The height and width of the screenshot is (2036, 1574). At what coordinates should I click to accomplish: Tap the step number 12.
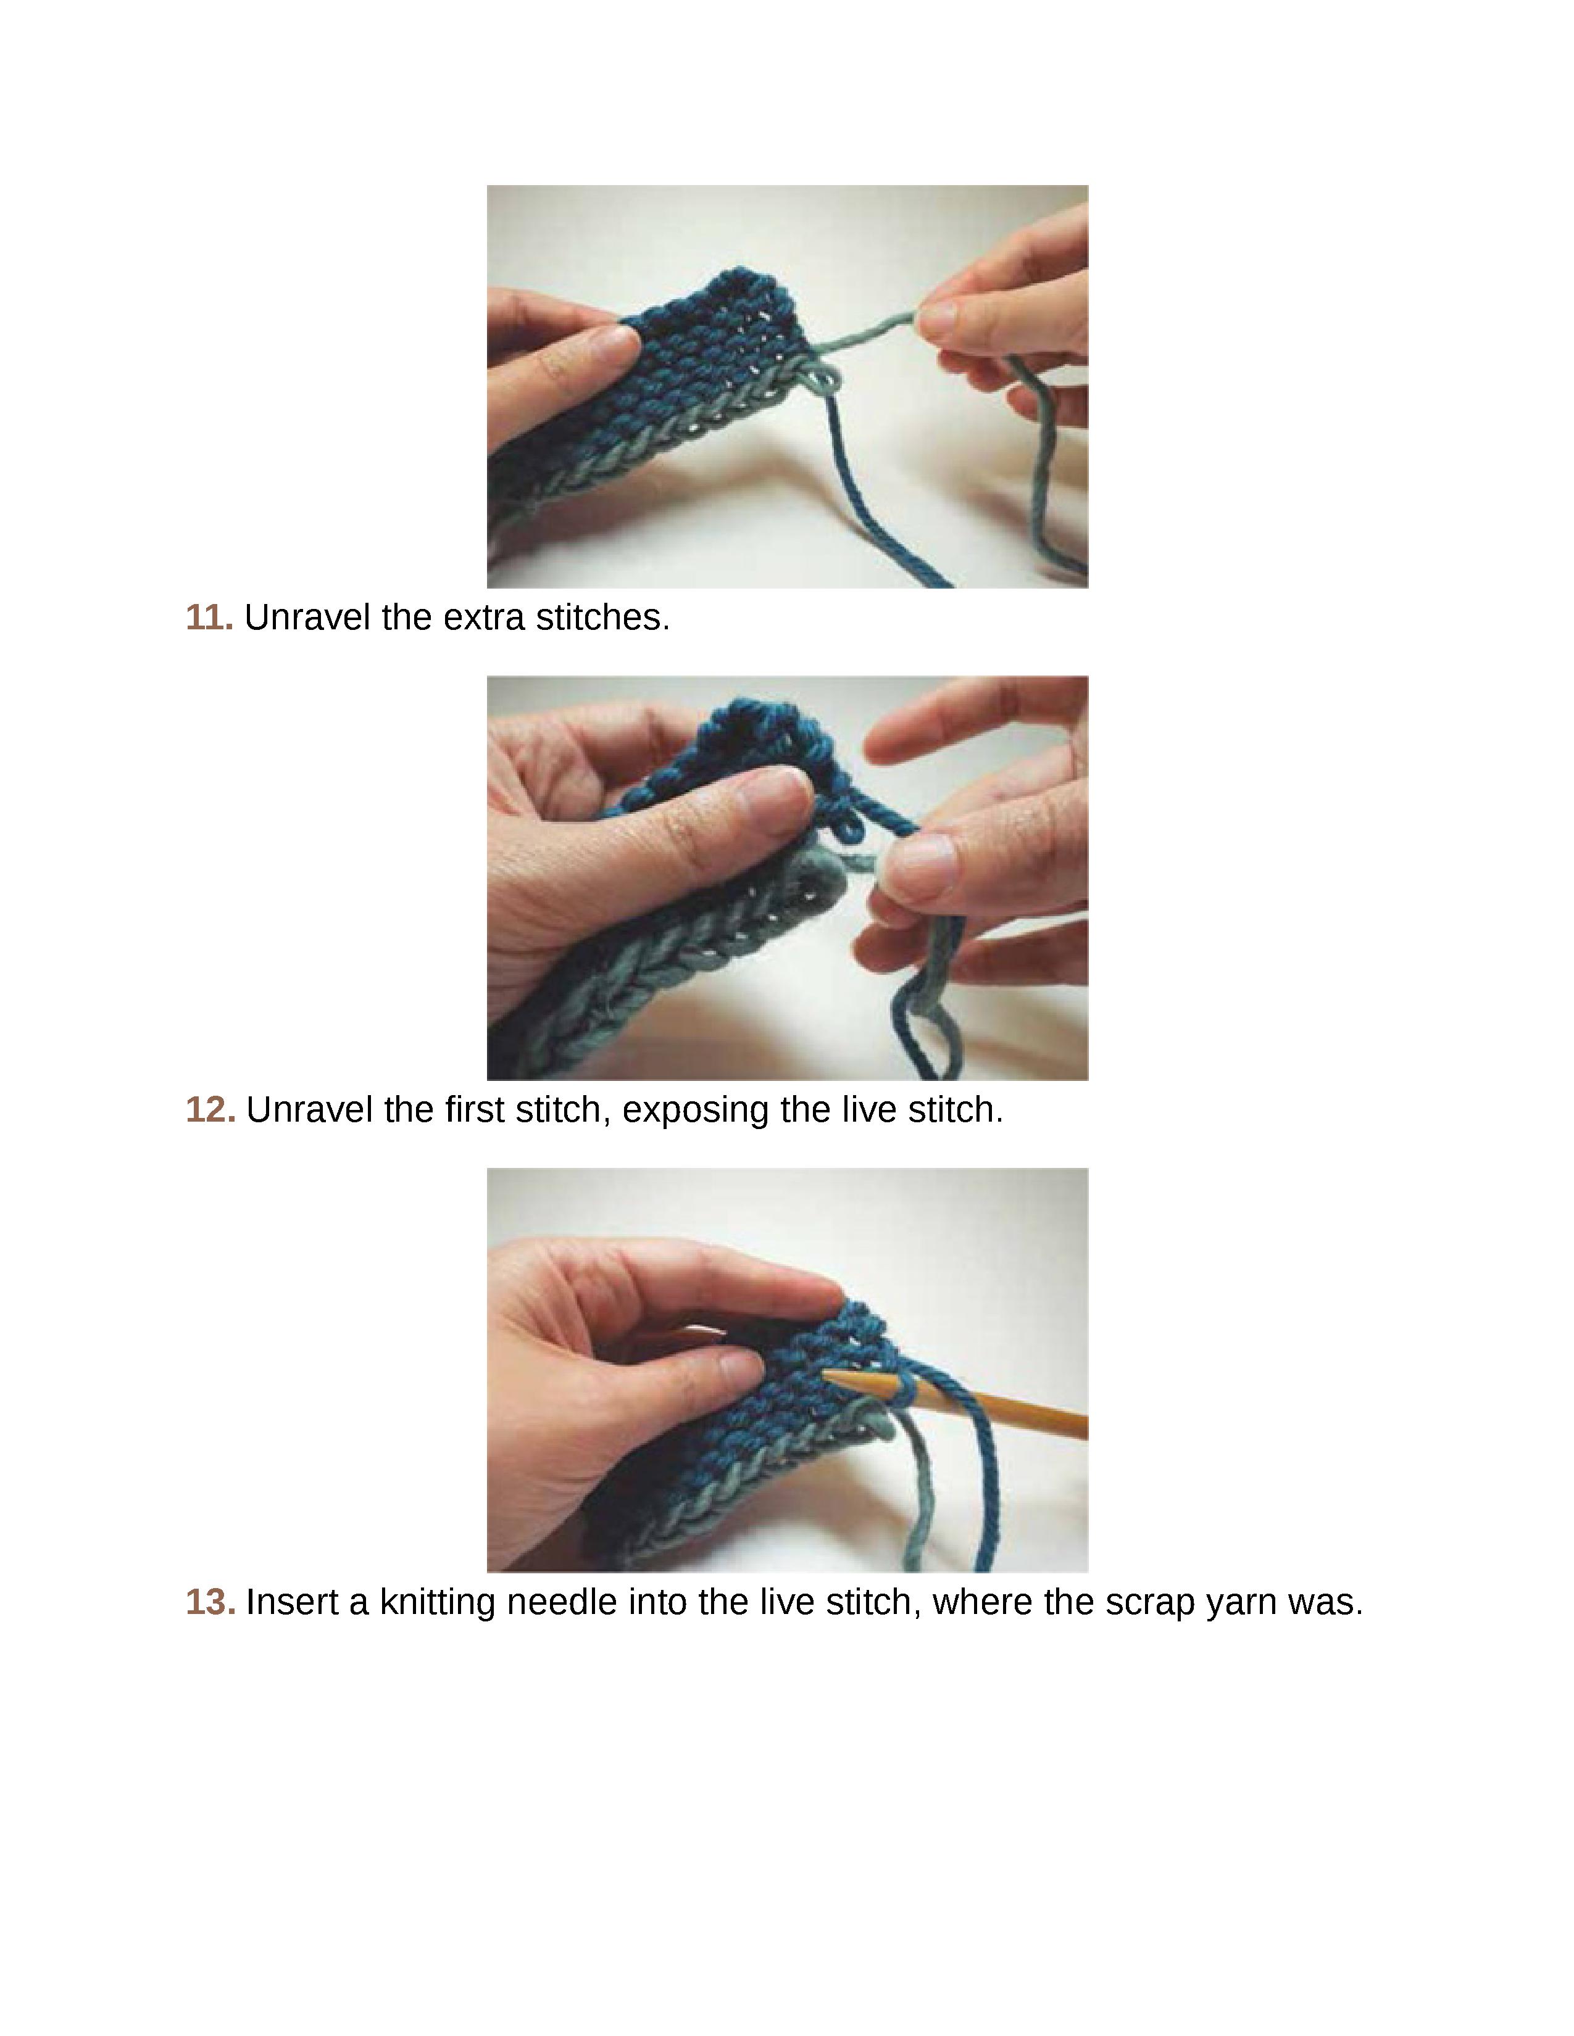tap(210, 1109)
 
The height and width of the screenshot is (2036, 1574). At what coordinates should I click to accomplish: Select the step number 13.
tap(210, 1602)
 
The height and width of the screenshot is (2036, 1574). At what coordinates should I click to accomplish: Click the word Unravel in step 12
tap(310, 1109)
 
